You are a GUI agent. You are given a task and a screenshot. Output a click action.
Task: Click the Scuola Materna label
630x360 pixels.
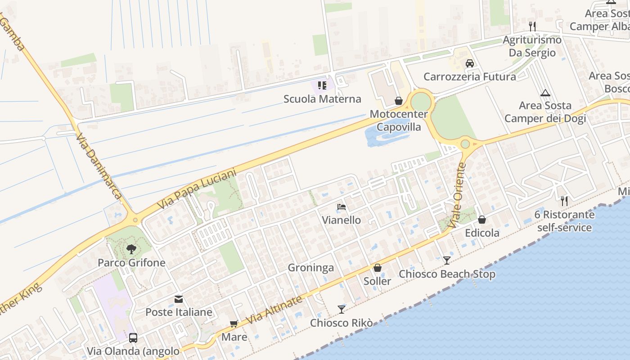322,99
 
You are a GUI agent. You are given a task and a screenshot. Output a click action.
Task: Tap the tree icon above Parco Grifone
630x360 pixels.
131,249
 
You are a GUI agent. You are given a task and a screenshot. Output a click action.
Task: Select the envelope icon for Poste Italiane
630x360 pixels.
179,299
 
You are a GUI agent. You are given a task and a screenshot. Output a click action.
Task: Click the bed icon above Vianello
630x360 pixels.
342,207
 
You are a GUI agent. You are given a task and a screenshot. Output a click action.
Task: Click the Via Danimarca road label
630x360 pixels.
99,166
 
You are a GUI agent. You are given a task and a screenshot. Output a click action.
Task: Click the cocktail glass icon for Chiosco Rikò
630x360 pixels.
342,310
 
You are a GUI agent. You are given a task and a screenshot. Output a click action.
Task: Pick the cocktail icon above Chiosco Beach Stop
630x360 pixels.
446,261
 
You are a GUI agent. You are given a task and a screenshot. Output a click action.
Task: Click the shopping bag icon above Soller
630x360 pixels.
378,268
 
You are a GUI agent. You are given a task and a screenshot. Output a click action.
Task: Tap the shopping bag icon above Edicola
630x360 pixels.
482,220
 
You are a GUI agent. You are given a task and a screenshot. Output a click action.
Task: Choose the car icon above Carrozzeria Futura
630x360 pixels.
470,63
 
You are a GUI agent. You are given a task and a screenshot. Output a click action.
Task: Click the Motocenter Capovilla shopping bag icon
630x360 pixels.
398,100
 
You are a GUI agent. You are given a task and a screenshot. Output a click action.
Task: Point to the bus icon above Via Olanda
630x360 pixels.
133,337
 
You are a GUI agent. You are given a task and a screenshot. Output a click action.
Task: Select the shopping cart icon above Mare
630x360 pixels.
234,324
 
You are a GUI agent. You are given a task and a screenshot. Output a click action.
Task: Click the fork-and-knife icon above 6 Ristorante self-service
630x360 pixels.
564,201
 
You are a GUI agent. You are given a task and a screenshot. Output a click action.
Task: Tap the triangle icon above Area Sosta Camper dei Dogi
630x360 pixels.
545,93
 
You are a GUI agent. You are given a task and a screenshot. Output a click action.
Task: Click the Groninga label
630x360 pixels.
311,268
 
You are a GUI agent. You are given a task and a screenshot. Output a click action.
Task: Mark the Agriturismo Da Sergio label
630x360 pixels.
532,46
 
